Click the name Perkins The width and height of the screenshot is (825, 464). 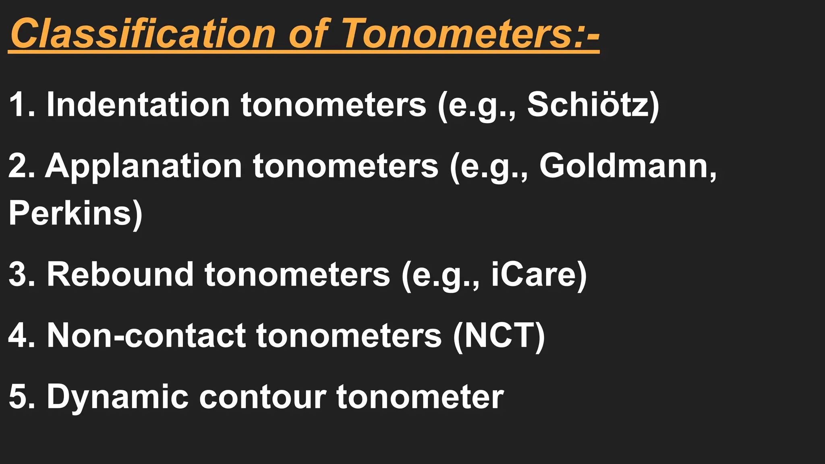pos(70,213)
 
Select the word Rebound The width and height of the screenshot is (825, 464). pos(120,275)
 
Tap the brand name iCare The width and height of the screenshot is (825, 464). pos(534,275)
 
